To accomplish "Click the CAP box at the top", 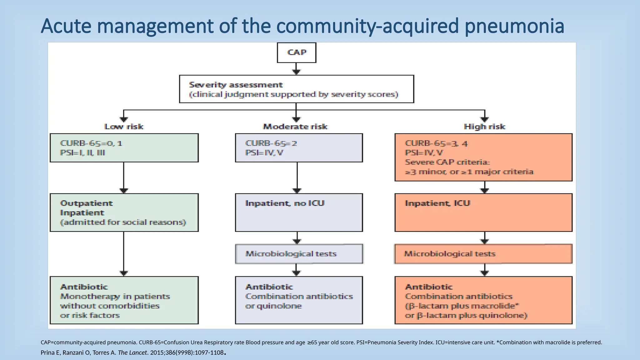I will click(x=297, y=52).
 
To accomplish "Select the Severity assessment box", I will click(x=296, y=89).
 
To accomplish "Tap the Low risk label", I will click(x=124, y=127).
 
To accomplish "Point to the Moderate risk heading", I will click(x=295, y=127).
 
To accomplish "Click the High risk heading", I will click(x=484, y=127).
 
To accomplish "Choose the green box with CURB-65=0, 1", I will click(x=124, y=148).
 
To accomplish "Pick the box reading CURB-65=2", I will click(x=299, y=148).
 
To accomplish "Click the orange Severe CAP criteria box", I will click(x=483, y=157).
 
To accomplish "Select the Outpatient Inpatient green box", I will click(x=124, y=212).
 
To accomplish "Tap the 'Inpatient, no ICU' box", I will click(x=299, y=212).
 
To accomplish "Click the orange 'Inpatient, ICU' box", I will click(x=483, y=212).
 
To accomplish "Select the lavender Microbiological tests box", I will click(x=299, y=254).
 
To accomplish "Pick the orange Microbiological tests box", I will click(x=483, y=254).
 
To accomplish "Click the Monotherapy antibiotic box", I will click(x=124, y=300).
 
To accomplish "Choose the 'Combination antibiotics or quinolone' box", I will click(x=299, y=300).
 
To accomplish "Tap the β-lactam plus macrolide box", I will click(x=483, y=300).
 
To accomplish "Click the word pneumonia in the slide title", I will click(x=514, y=26).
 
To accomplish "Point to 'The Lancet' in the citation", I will click(x=132, y=352).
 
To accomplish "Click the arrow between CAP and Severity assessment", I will click(x=296, y=69).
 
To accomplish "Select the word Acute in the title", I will click(x=66, y=26).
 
